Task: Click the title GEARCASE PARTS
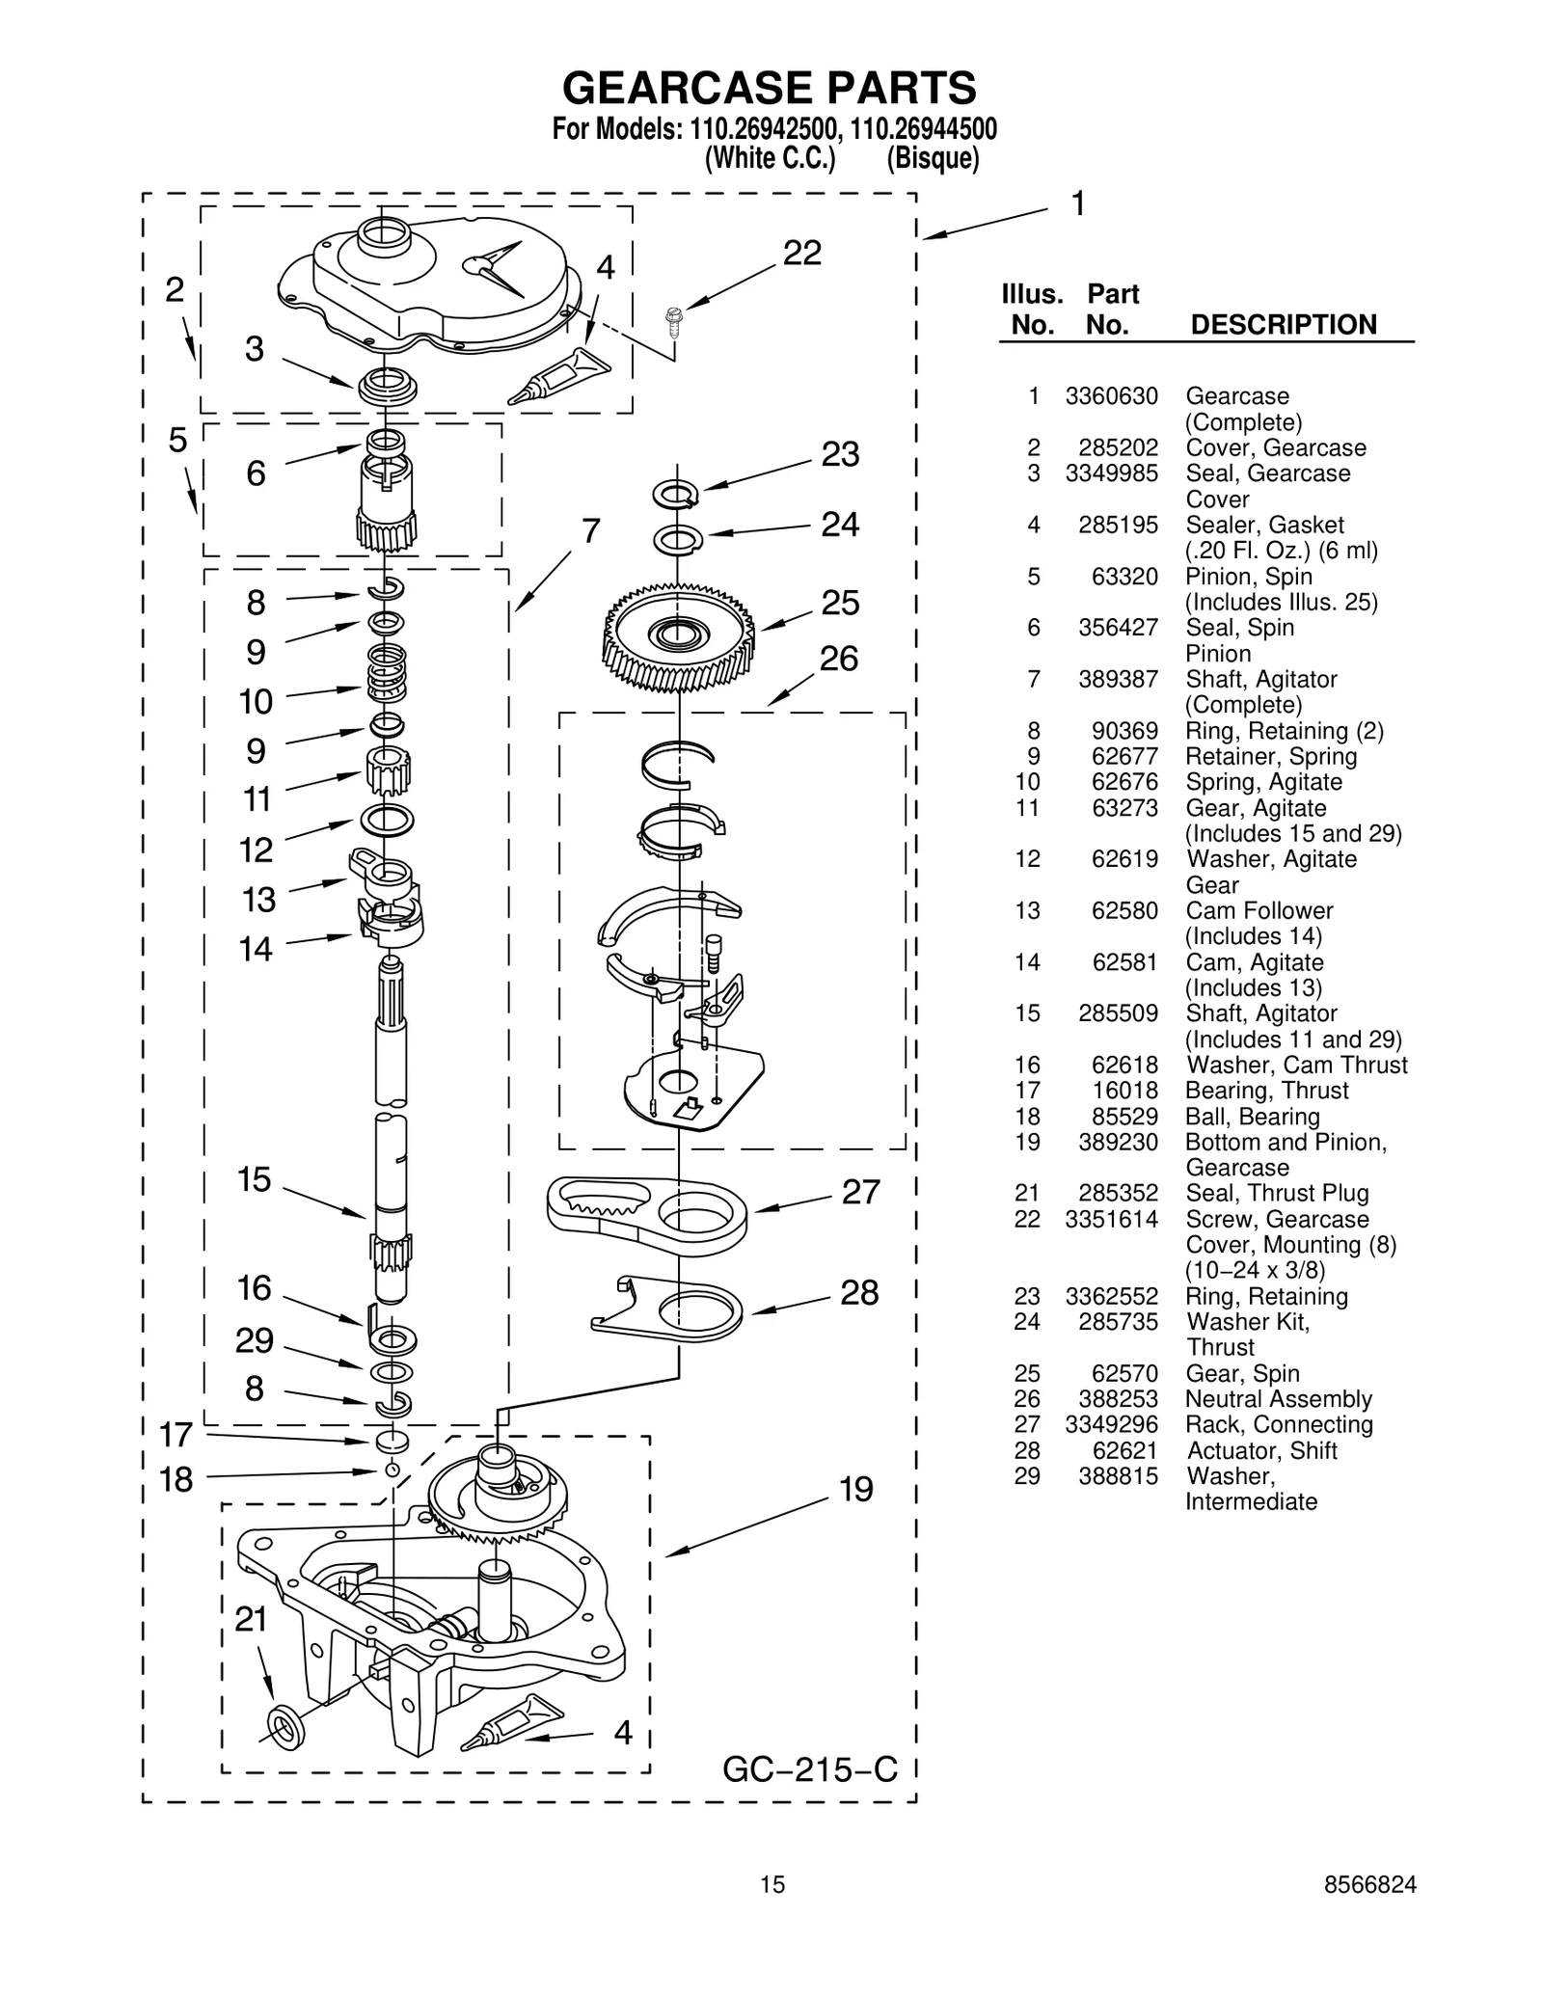769,89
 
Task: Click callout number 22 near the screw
801,254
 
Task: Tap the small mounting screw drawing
674,320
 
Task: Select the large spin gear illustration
679,636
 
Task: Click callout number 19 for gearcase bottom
855,1490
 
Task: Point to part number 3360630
1111,396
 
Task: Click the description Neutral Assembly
1278,1399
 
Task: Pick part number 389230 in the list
1118,1143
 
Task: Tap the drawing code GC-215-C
809,1769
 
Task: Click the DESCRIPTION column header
1284,325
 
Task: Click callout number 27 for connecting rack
860,1193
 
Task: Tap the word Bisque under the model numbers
933,158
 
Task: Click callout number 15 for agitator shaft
255,1180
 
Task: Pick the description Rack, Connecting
1279,1425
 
